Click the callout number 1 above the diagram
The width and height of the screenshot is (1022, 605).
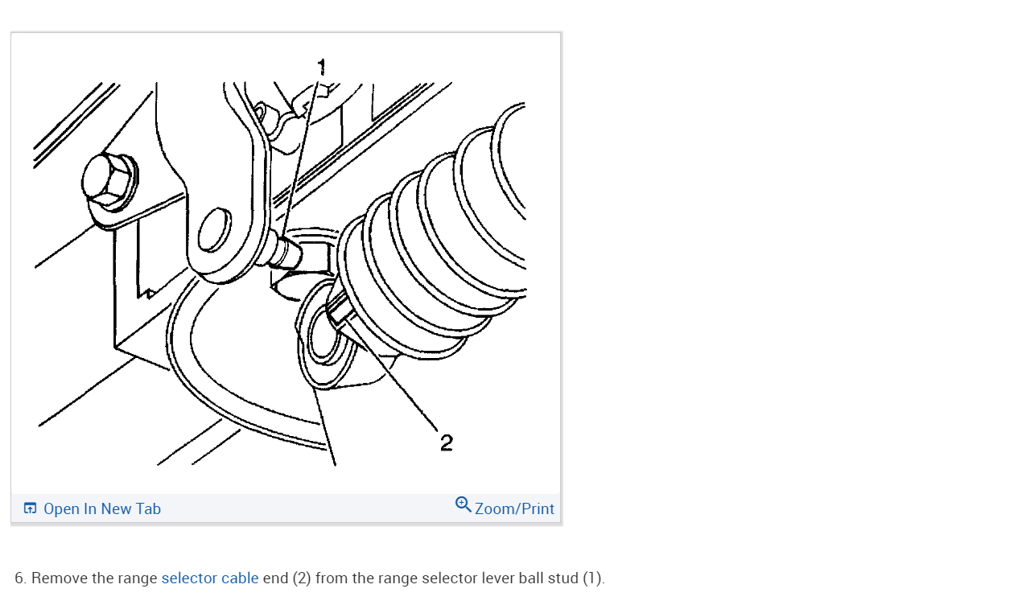point(322,66)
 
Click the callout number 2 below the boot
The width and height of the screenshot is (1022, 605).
point(447,442)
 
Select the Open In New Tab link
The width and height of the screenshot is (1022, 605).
point(102,509)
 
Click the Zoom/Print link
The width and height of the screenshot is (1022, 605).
point(514,509)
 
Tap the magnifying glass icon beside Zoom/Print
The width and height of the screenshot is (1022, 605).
point(464,505)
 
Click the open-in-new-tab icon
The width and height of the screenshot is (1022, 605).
point(31,508)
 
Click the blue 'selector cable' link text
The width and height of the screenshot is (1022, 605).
point(210,578)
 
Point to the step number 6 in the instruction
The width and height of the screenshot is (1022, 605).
point(19,578)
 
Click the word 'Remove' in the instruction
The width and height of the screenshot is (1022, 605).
point(56,578)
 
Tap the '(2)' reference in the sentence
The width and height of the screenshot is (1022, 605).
point(302,578)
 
